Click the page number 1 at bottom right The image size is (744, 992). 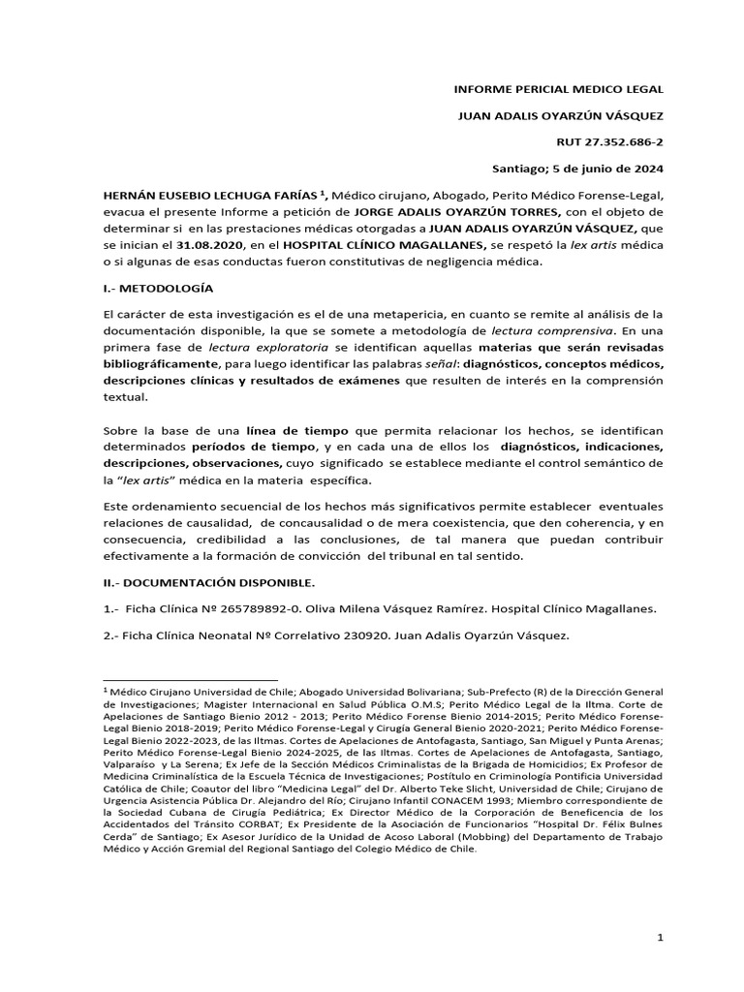coord(660,938)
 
